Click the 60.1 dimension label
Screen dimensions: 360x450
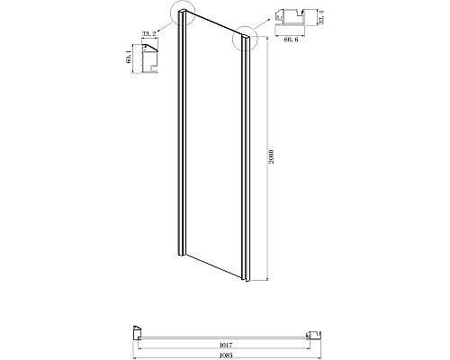click(x=130, y=59)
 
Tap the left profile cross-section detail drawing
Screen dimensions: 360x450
click(x=150, y=60)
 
